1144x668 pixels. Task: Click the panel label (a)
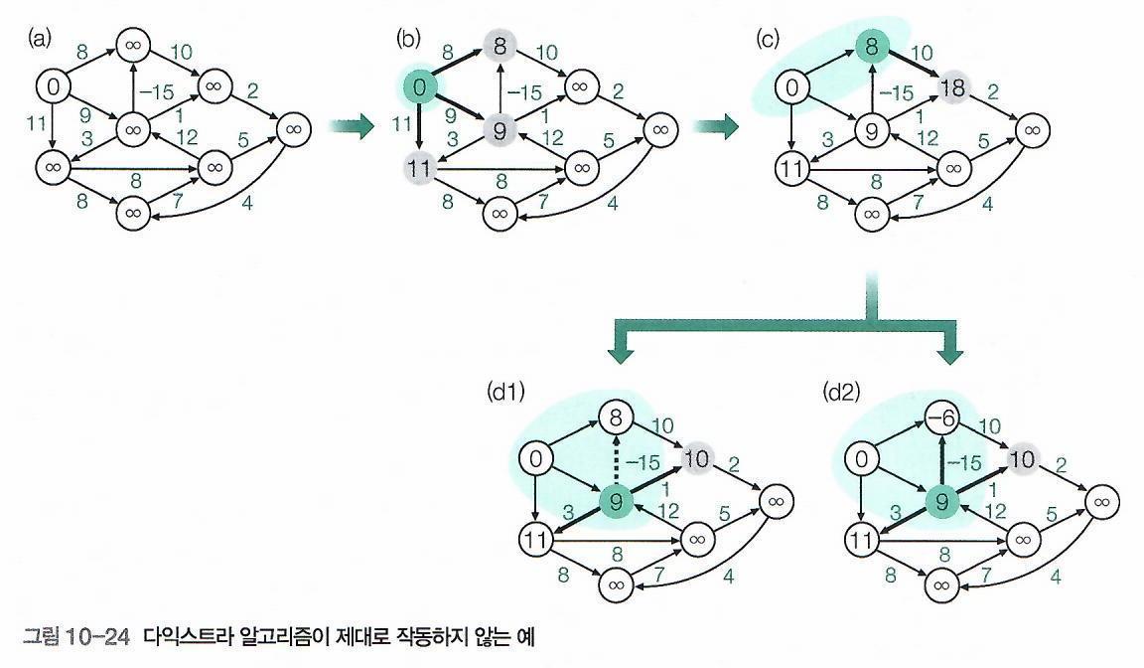point(41,39)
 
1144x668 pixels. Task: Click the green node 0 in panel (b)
point(419,87)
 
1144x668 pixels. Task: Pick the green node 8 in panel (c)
point(870,45)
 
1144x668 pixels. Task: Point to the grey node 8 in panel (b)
point(500,45)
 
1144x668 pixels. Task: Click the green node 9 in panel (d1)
point(616,502)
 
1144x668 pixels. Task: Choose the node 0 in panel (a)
point(54,87)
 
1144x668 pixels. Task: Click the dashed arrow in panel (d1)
point(616,460)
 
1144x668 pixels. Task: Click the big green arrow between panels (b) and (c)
point(717,126)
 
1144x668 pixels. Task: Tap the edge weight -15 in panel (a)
point(157,92)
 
